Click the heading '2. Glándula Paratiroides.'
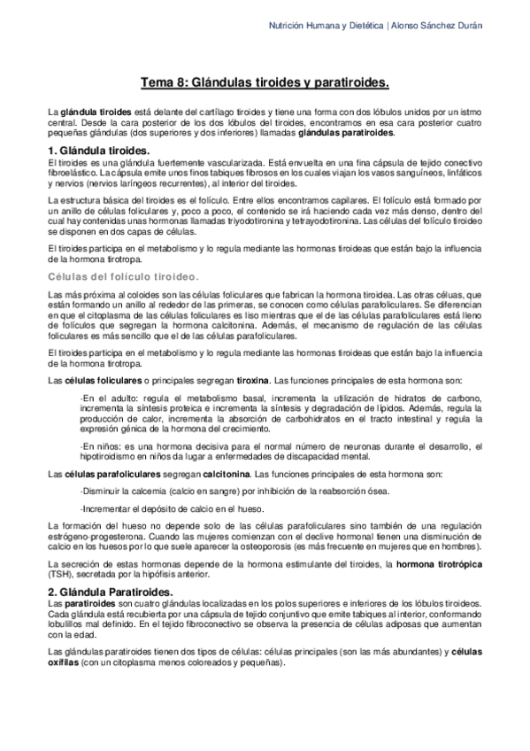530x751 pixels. point(111,590)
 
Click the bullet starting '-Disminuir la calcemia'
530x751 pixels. point(124,491)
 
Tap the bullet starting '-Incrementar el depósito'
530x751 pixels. point(124,509)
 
